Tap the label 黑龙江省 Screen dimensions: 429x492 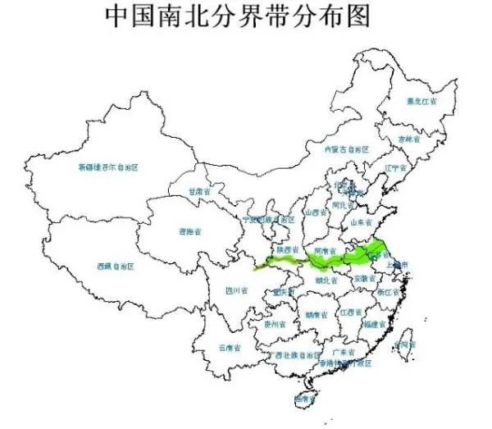click(x=422, y=102)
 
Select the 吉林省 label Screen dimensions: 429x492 click(x=407, y=139)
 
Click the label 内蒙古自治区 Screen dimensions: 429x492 click(x=347, y=150)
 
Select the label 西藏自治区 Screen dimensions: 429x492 click(x=115, y=267)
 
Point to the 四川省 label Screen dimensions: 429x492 click(x=237, y=290)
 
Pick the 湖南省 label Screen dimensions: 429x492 click(x=316, y=314)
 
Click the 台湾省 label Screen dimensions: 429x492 click(x=404, y=344)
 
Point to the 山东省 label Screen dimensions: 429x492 click(x=362, y=221)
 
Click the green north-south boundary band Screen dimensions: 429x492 click(x=328, y=261)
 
